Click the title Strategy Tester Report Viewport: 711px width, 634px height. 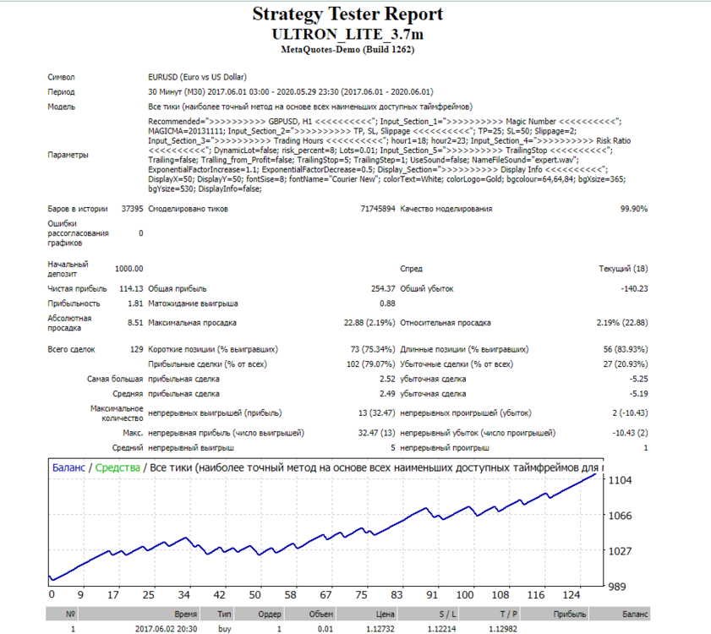point(347,14)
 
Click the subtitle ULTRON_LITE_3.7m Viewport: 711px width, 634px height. point(347,35)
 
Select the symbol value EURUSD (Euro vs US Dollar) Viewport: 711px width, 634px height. point(197,77)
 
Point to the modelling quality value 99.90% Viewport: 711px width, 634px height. point(634,209)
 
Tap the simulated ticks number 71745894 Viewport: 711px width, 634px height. point(378,209)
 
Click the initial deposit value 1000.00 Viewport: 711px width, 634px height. point(129,269)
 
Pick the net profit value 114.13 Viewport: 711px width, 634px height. point(131,289)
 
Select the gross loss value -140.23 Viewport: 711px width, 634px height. point(634,289)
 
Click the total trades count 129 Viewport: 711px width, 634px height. point(136,350)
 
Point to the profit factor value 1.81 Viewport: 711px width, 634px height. point(135,303)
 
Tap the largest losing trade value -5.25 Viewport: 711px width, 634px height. point(638,379)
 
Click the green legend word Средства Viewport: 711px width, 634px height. point(118,468)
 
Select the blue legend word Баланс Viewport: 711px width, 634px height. point(68,468)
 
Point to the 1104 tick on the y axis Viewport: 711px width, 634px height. point(620,480)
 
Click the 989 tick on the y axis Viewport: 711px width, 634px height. point(617,587)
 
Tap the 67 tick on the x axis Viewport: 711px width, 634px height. point(325,595)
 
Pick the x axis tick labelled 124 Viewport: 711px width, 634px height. point(572,595)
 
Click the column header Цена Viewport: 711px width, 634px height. point(385,615)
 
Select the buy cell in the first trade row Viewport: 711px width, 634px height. point(224,629)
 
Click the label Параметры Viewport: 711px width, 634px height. point(68,155)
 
